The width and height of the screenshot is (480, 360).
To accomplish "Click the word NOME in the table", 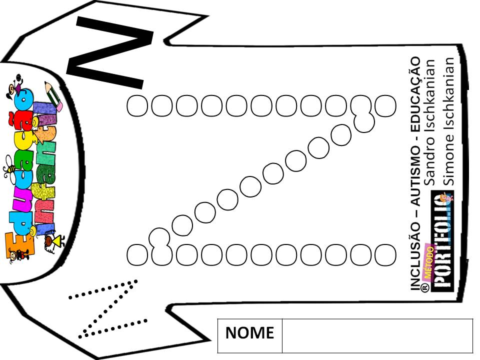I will click(249, 333).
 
